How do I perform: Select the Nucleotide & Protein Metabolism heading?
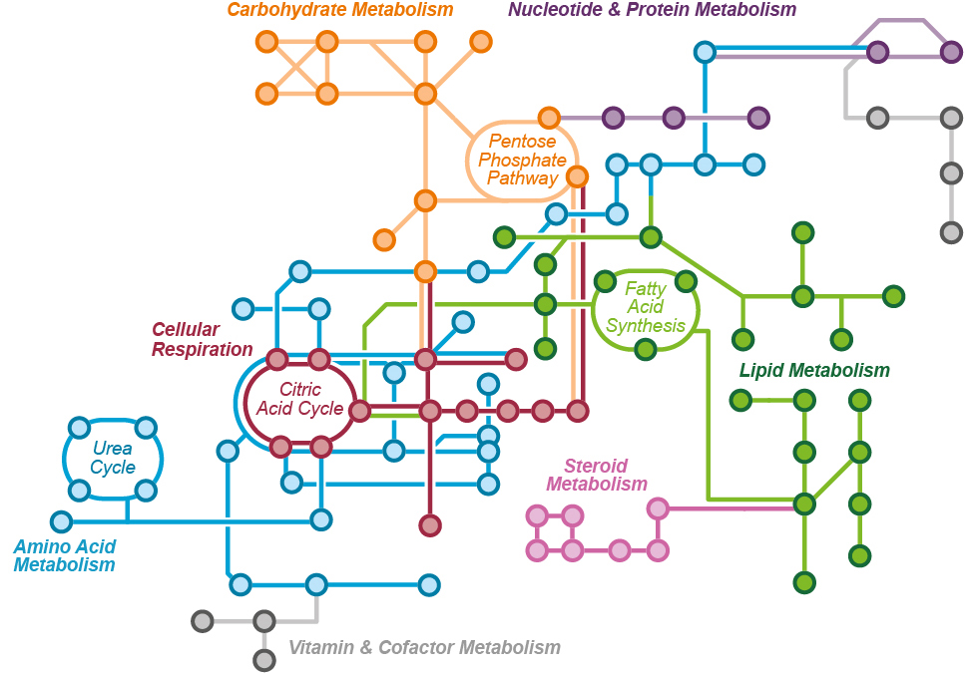653,10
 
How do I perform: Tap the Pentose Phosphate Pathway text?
522,160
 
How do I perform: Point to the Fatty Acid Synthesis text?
646,307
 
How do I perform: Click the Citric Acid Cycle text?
299,399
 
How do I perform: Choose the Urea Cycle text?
113,458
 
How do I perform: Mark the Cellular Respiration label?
202,339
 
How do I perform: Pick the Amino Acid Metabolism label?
65,555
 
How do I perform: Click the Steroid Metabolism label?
597,475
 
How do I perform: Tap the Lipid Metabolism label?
814,371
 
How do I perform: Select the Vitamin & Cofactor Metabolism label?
424,647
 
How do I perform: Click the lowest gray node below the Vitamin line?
263,659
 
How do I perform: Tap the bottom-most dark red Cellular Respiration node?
430,525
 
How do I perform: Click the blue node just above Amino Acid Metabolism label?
62,521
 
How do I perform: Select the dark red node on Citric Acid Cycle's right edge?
359,410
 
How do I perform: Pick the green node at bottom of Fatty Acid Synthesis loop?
646,349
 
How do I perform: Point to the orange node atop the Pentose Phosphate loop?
549,118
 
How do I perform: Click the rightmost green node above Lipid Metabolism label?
893,296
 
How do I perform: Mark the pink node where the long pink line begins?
658,508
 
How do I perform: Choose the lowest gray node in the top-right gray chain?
951,232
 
